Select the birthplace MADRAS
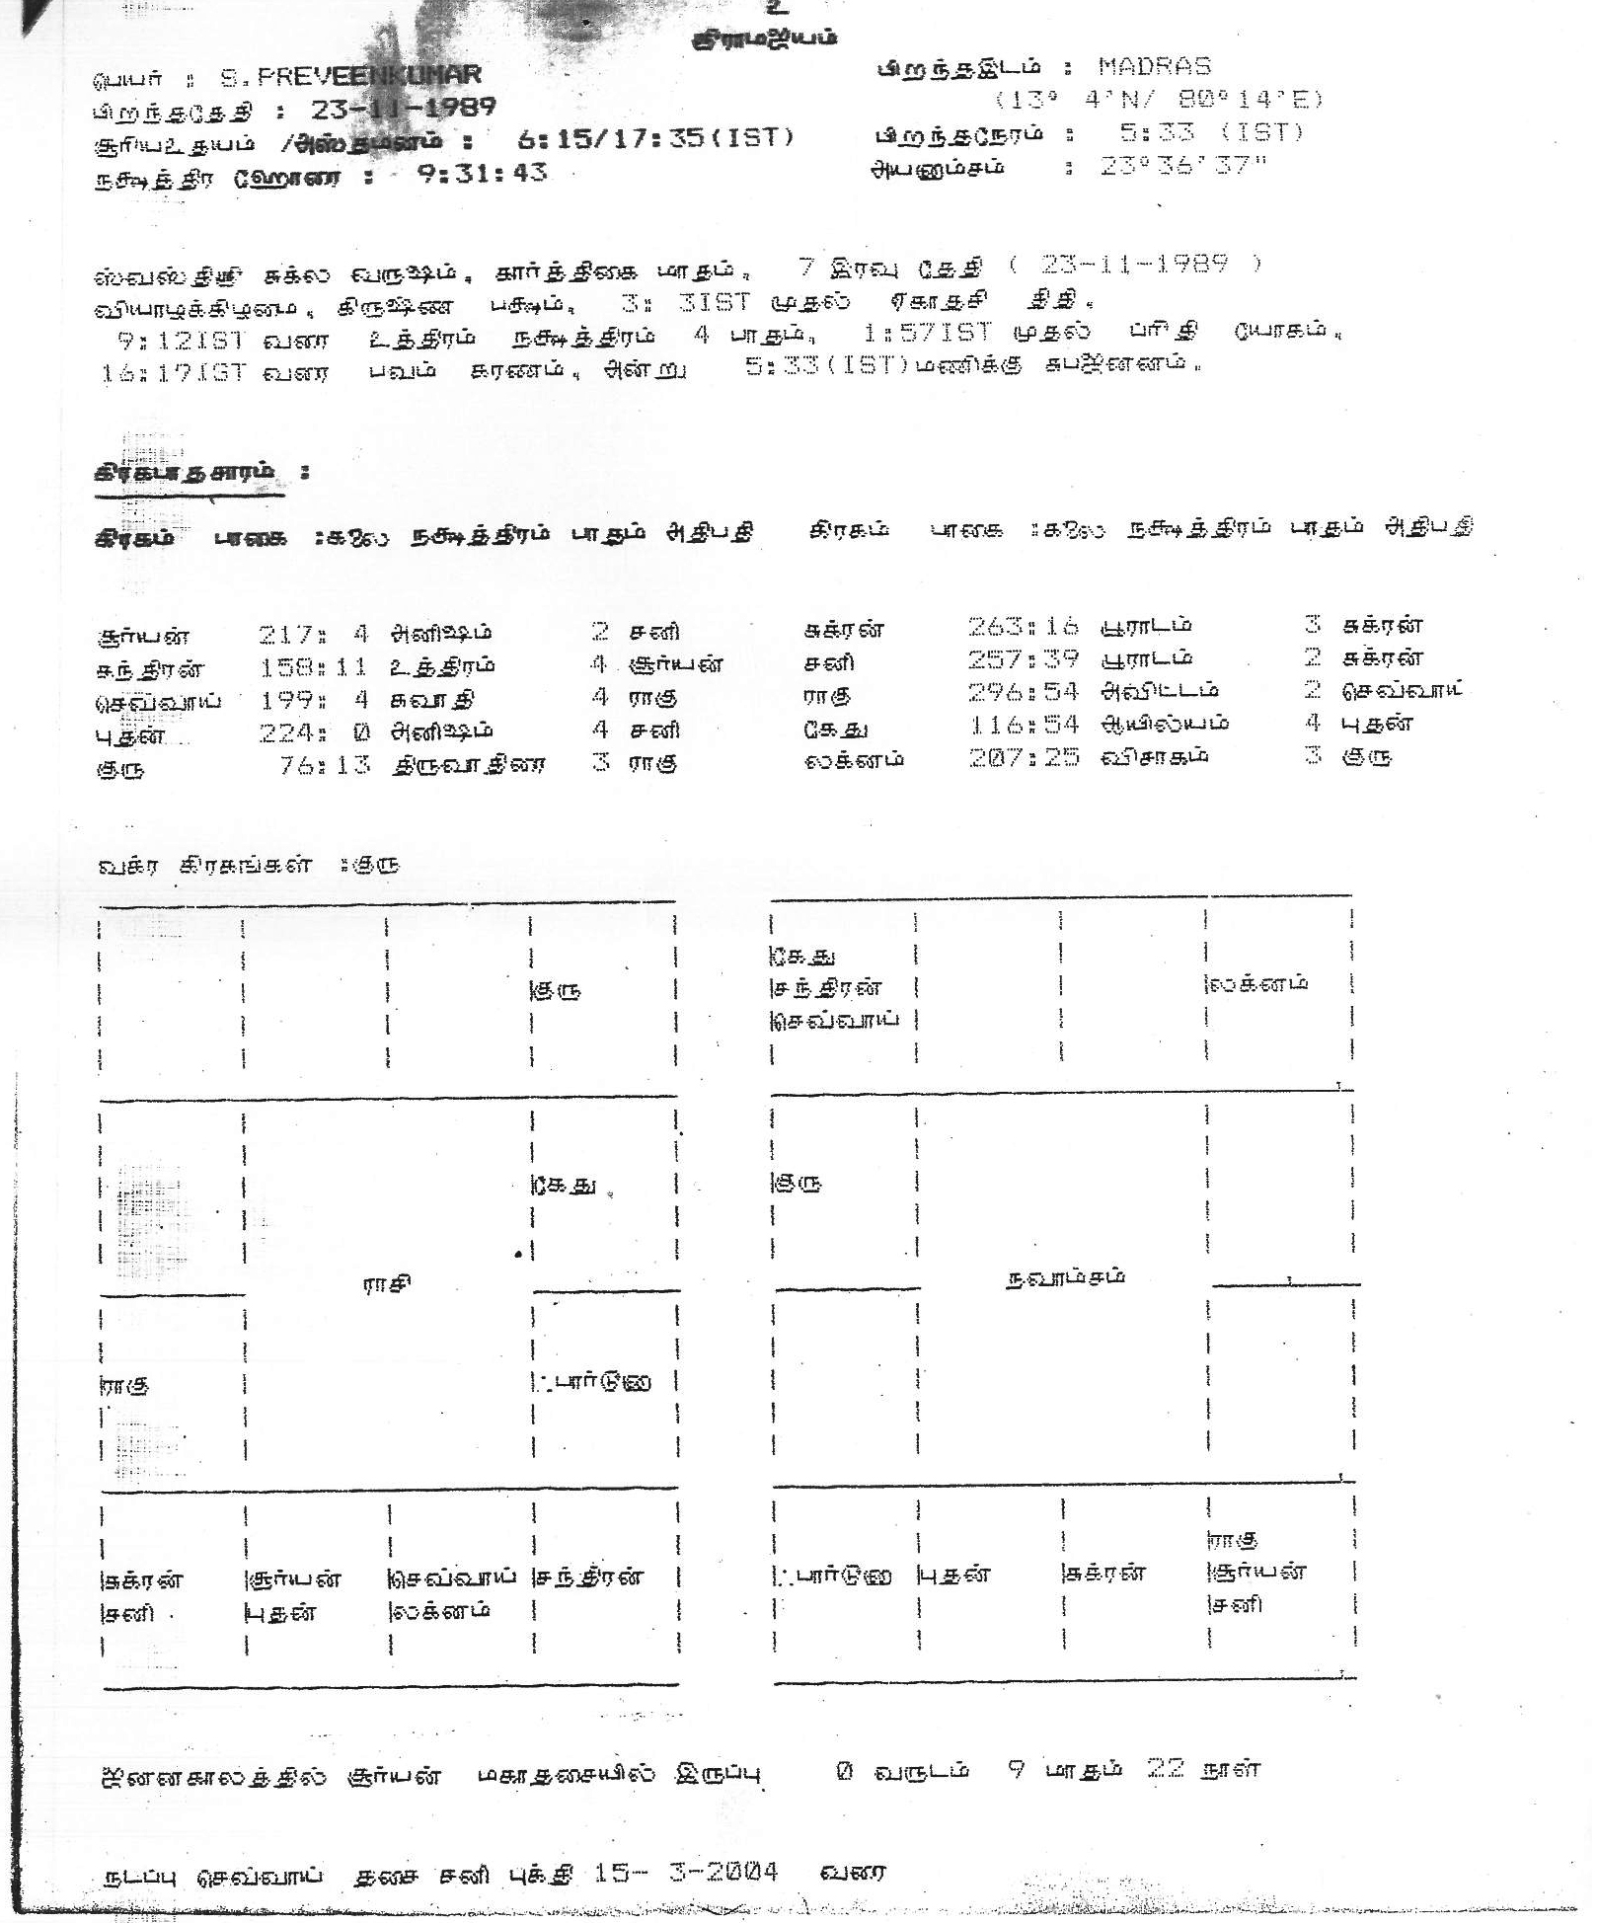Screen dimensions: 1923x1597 pyautogui.click(x=1154, y=67)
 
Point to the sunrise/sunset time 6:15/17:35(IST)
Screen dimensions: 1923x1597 pyautogui.click(x=655, y=138)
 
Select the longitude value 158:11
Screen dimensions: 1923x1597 pyautogui.click(x=313, y=665)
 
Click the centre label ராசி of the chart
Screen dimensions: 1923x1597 pyautogui.click(x=387, y=1284)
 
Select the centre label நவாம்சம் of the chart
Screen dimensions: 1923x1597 pyautogui.click(x=1065, y=1276)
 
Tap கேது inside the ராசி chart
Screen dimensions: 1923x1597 pyautogui.click(x=566, y=1186)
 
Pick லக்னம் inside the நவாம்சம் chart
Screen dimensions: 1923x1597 pyautogui.click(x=1257, y=983)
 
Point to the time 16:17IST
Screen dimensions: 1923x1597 pyautogui.click(x=172, y=373)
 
